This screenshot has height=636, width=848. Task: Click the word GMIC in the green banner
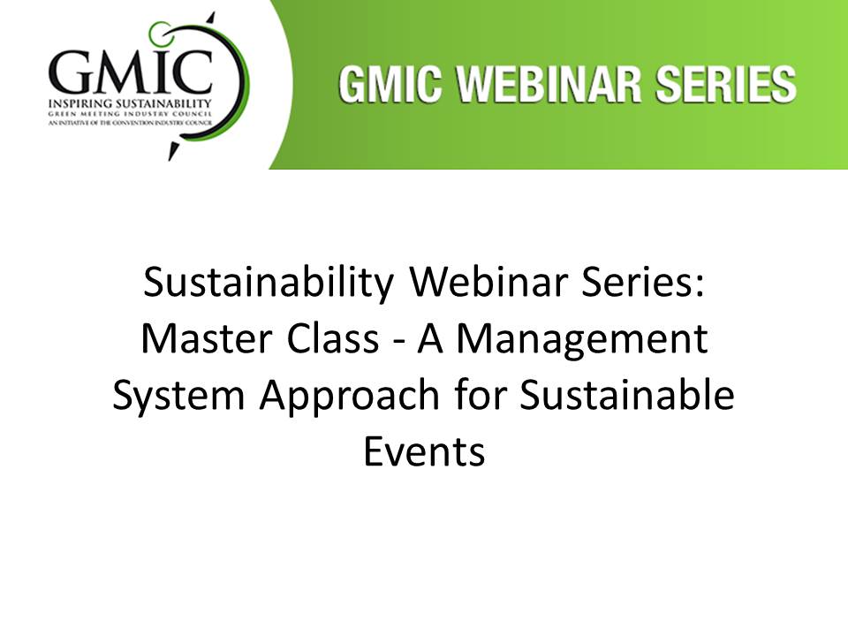[390, 85]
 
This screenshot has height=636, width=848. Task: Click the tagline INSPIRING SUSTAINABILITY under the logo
[130, 103]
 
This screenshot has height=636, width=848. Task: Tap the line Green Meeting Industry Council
[130, 114]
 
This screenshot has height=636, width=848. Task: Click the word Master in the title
[207, 339]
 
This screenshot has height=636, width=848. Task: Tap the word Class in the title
[333, 339]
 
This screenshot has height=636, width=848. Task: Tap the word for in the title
[479, 395]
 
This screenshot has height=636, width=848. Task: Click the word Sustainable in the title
[627, 395]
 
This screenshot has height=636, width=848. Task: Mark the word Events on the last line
[424, 451]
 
